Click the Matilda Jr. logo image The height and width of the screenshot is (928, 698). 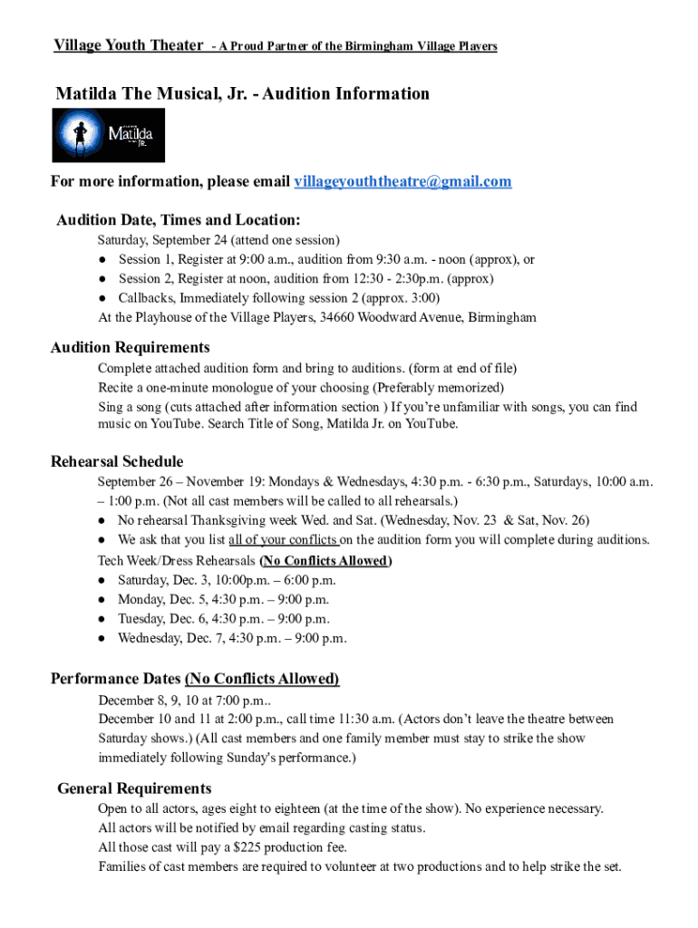[110, 135]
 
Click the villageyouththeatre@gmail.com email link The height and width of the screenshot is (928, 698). [402, 182]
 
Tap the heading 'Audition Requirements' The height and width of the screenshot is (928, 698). [131, 347]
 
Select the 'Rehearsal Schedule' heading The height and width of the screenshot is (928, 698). [117, 461]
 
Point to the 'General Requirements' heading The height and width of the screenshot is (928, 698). [134, 788]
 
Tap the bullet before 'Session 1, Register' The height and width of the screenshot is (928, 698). [105, 260]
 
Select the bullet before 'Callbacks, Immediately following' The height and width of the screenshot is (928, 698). [105, 298]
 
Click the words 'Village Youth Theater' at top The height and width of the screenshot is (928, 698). [128, 45]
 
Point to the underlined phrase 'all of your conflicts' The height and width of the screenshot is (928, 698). [283, 540]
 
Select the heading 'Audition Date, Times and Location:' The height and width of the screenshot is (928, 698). [179, 220]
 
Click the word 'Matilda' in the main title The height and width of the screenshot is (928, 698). [86, 93]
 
